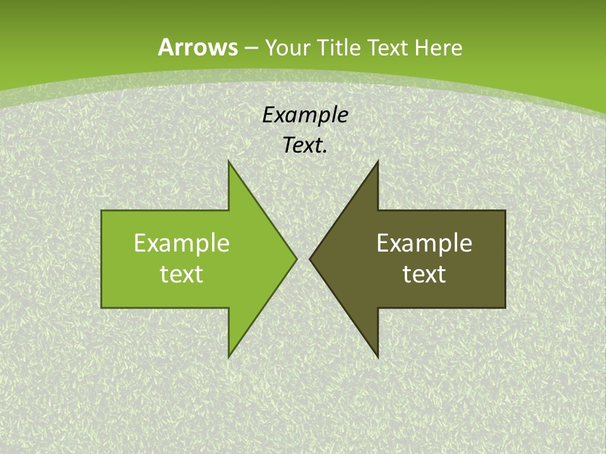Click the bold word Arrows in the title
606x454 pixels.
click(x=198, y=47)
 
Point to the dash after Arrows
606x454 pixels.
click(x=251, y=49)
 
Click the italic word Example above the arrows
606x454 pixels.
click(x=306, y=115)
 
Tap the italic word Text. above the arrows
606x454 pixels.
click(x=304, y=146)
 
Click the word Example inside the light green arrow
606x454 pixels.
click(x=182, y=243)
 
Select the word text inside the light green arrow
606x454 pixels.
click(x=182, y=274)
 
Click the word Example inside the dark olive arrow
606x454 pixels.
click(x=424, y=243)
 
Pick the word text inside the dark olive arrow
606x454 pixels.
click(x=424, y=274)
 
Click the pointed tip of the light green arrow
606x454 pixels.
click(x=295, y=259)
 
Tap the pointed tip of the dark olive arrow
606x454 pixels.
click(x=311, y=259)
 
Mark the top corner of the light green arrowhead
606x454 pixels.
click(x=229, y=163)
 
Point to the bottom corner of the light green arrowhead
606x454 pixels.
click(x=229, y=356)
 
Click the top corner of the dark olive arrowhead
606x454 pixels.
click(x=377, y=163)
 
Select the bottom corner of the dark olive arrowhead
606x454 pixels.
click(x=377, y=356)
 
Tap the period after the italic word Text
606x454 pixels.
click(x=325, y=152)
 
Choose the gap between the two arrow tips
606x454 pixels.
click(x=303, y=259)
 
